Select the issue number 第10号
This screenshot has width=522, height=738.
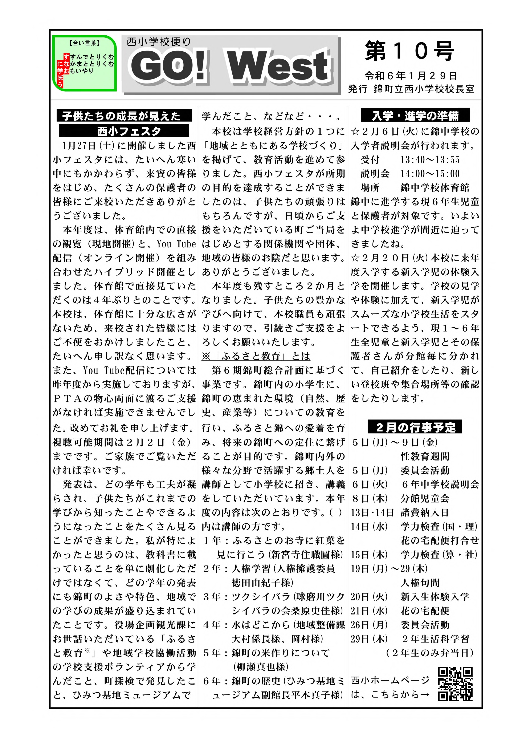410,51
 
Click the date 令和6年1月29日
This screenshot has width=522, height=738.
411,76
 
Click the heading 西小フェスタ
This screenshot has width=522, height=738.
124,131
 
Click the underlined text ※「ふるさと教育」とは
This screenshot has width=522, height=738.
256,356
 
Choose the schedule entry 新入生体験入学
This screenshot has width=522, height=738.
435,597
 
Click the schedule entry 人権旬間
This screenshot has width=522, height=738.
420,583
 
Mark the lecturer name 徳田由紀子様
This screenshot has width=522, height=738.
262,583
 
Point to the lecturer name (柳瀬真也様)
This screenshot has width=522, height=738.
261,667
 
